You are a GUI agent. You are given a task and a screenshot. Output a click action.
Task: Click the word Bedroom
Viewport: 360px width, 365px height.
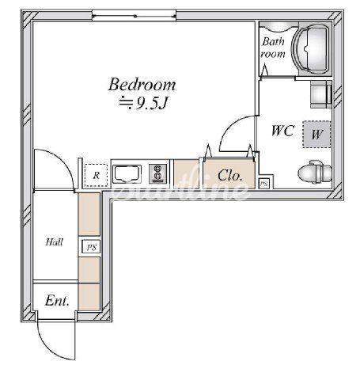point(142,85)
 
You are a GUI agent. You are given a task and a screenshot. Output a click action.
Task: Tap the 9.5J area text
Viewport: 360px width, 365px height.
point(143,104)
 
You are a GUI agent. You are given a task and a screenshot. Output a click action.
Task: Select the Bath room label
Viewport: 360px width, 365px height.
point(273,48)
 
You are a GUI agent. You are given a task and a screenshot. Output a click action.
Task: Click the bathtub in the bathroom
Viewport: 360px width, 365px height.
point(312,49)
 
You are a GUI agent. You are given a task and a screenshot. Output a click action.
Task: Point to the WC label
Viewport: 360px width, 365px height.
point(282,131)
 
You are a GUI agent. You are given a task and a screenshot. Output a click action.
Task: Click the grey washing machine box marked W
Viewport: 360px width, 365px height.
point(316,134)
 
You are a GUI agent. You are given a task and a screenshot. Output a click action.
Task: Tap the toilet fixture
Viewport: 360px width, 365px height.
point(315,172)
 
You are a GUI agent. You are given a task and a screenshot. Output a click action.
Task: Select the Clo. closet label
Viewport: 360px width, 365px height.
point(229,175)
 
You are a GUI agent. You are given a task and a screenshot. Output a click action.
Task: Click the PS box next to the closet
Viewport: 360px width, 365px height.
point(264,184)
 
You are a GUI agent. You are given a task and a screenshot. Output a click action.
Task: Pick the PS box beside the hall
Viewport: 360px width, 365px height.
point(91,247)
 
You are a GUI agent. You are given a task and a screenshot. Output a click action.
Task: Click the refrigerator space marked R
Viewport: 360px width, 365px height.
point(96,175)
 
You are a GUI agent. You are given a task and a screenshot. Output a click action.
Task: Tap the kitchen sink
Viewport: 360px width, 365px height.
point(127,174)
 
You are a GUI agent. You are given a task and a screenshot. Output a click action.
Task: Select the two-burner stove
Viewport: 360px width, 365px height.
point(157,174)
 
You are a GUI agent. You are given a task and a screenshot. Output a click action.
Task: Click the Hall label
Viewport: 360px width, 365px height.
point(55,242)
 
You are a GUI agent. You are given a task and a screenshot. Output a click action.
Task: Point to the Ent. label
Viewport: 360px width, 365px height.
point(57,301)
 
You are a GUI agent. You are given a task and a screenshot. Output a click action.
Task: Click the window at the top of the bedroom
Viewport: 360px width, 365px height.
point(134,16)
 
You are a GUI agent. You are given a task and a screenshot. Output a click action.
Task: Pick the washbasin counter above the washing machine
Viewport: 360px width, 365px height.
point(320,94)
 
